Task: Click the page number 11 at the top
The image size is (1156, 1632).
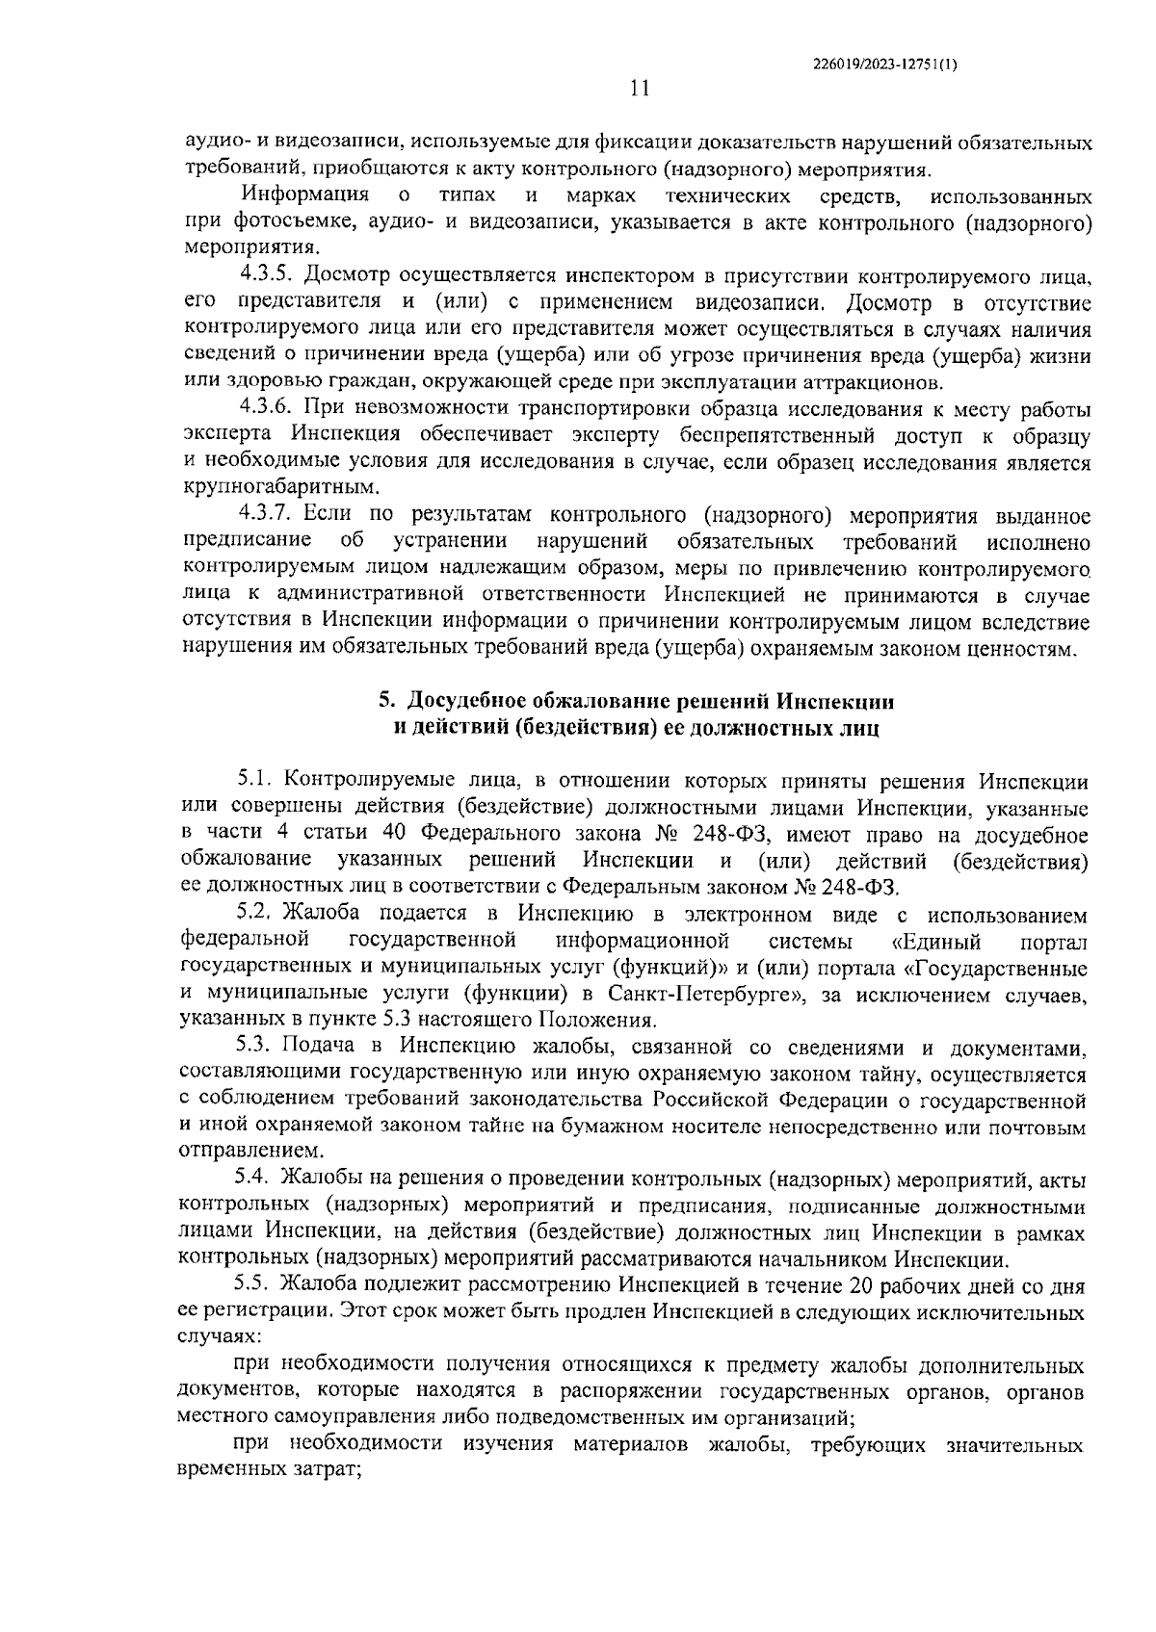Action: click(639, 90)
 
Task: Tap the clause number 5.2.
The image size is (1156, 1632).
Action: click(257, 913)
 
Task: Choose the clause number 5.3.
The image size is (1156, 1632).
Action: click(257, 1046)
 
